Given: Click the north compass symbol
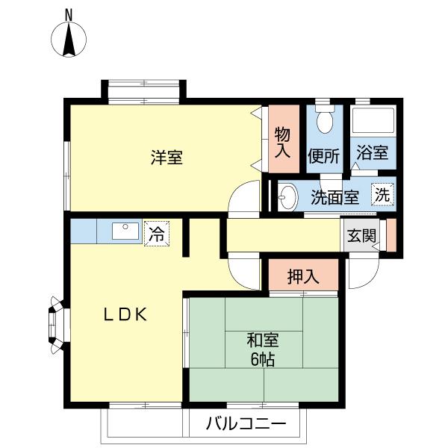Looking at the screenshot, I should pos(69,40).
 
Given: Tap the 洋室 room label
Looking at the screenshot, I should pos(167,158).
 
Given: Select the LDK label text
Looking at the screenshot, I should pos(127,314).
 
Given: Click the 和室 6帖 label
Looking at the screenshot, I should pos(263,349).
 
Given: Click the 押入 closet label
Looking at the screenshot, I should pos(303,275).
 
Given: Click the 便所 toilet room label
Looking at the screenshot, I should pos(323,156).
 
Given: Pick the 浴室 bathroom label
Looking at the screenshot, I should pos(371,153).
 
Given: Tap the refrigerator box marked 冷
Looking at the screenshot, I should pos(157,232).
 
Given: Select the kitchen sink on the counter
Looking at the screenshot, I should pos(125,231).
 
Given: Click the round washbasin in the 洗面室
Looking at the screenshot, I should pos(288,197).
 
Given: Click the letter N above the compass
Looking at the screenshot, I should pos(69,13).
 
